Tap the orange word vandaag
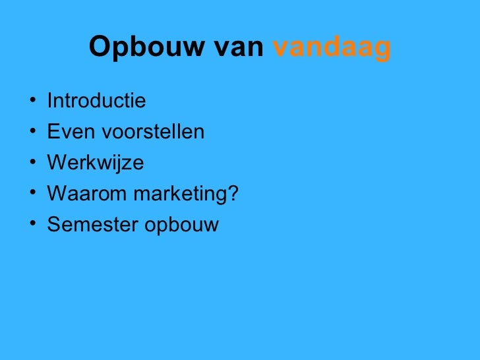[332, 48]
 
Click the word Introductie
[96, 102]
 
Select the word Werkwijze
[95, 163]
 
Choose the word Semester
[90, 225]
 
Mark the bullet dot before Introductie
[32, 102]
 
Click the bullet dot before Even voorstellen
[32, 133]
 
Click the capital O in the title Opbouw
[98, 47]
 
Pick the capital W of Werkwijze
[57, 163]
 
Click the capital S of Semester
[53, 225]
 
